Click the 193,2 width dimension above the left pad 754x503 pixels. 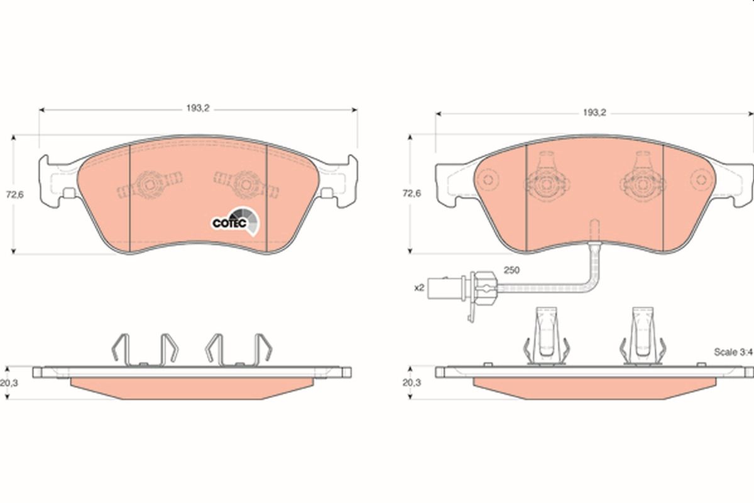tap(197, 108)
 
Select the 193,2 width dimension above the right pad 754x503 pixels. tap(593, 113)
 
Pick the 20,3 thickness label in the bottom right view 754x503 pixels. tap(412, 382)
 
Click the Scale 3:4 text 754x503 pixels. tap(733, 352)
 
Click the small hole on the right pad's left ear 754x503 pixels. tap(489, 180)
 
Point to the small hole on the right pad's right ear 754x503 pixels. tap(699, 180)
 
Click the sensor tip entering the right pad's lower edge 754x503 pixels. tap(594, 230)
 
